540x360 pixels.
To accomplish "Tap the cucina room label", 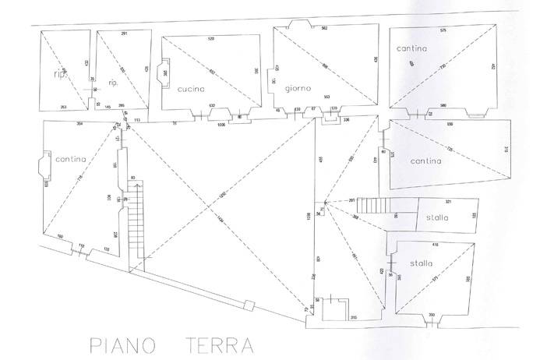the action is tap(190, 88).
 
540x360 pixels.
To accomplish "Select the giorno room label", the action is tap(298, 88).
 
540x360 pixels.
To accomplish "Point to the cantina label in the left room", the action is tap(71, 159).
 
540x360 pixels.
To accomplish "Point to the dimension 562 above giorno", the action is tap(324, 29).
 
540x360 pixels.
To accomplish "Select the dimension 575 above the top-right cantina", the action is tap(443, 30).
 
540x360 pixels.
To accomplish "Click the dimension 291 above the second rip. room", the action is tap(124, 33).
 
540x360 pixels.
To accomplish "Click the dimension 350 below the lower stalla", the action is tap(431, 314).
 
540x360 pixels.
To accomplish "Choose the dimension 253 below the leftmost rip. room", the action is tap(62, 107).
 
